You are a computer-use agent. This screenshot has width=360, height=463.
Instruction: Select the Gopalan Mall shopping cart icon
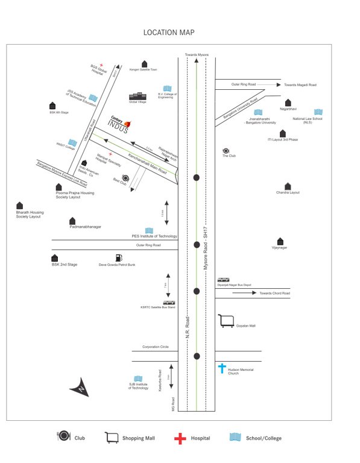click(x=226, y=321)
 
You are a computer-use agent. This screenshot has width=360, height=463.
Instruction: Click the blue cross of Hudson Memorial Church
click(x=222, y=367)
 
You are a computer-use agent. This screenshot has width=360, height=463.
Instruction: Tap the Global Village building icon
click(x=137, y=96)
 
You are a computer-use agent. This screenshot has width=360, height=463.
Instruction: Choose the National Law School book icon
click(x=318, y=112)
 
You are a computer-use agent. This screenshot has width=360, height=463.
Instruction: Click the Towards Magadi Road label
click(x=300, y=85)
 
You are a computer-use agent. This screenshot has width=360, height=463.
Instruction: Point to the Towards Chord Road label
click(x=275, y=293)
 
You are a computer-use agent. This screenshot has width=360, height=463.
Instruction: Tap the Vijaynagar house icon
click(x=280, y=241)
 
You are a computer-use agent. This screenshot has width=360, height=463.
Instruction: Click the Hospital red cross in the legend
click(x=180, y=438)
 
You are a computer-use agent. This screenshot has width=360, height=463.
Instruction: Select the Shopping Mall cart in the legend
click(x=112, y=438)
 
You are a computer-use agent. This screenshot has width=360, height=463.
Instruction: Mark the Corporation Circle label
click(x=156, y=347)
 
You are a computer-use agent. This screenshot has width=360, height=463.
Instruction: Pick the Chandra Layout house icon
click(x=288, y=186)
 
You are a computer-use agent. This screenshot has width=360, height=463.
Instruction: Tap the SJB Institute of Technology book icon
click(x=138, y=378)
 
